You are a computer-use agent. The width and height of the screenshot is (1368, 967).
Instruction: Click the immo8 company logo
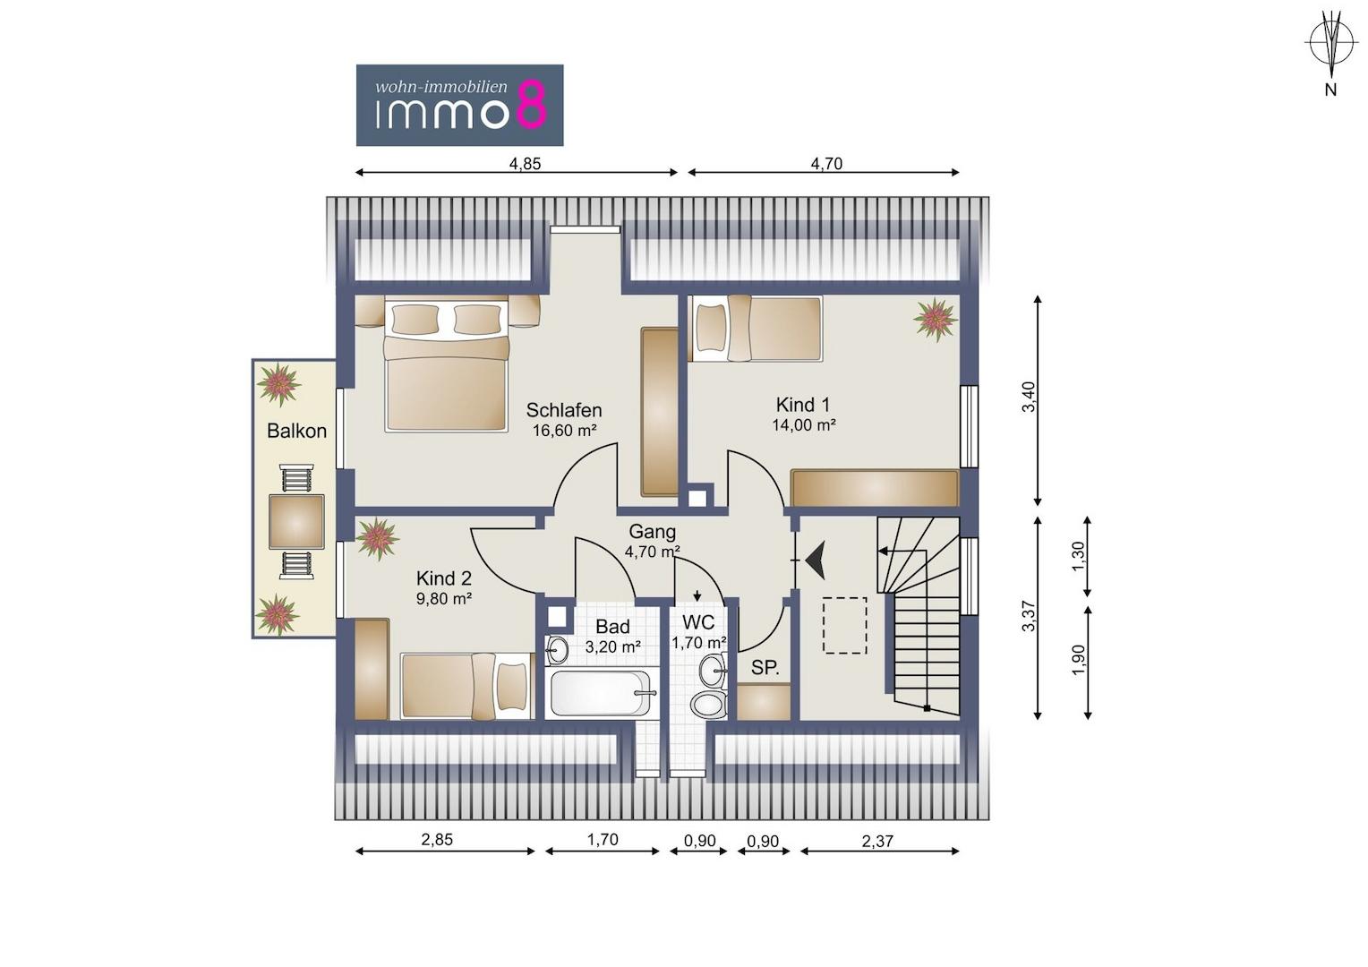pyautogui.click(x=459, y=105)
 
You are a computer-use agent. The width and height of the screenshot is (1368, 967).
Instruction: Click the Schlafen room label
pyautogui.click(x=564, y=410)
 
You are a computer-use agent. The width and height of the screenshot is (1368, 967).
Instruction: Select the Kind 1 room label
pyautogui.click(x=803, y=405)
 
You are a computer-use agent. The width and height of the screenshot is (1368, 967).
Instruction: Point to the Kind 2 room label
pyautogui.click(x=444, y=578)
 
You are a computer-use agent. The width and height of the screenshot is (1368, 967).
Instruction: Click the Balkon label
pyautogui.click(x=297, y=431)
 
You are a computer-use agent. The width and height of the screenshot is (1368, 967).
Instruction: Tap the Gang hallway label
pyautogui.click(x=653, y=532)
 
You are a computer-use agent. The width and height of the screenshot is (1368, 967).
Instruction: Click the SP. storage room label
pyautogui.click(x=765, y=668)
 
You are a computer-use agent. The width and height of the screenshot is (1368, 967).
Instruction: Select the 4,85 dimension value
pyautogui.click(x=526, y=164)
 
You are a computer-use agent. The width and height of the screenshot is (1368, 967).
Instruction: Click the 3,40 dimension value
pyautogui.click(x=1029, y=397)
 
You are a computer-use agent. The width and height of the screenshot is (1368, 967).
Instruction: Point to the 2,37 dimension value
pyautogui.click(x=877, y=841)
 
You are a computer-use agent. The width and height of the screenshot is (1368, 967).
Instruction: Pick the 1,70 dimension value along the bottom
pyautogui.click(x=603, y=840)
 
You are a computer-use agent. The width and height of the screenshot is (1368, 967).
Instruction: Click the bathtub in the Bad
pyautogui.click(x=602, y=694)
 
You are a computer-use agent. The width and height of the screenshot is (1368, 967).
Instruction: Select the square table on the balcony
pyautogui.click(x=296, y=522)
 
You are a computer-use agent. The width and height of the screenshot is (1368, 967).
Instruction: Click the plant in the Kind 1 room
pyautogui.click(x=935, y=318)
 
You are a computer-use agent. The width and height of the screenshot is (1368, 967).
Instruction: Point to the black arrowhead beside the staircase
pyautogui.click(x=816, y=560)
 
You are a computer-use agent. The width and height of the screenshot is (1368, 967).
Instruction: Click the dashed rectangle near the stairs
pyautogui.click(x=844, y=626)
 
